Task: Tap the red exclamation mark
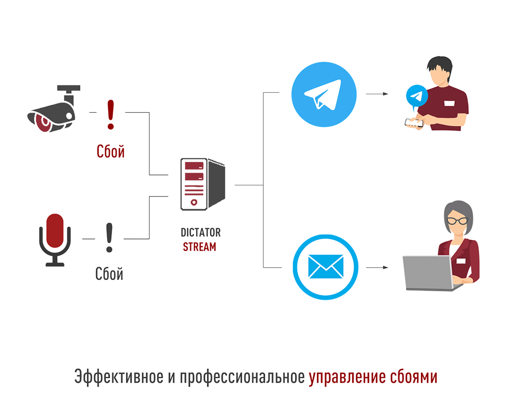[111, 115]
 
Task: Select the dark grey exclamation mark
[110, 238]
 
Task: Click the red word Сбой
[111, 152]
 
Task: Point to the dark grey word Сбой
[109, 273]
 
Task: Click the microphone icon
[55, 240]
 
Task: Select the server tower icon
[203, 184]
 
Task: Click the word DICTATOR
[201, 232]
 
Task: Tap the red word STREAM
[200, 247]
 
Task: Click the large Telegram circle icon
[324, 94]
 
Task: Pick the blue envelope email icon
[326, 267]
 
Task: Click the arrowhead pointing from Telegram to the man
[386, 94]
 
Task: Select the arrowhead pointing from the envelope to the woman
[386, 268]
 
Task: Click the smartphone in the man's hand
[414, 122]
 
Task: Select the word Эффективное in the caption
[119, 377]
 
